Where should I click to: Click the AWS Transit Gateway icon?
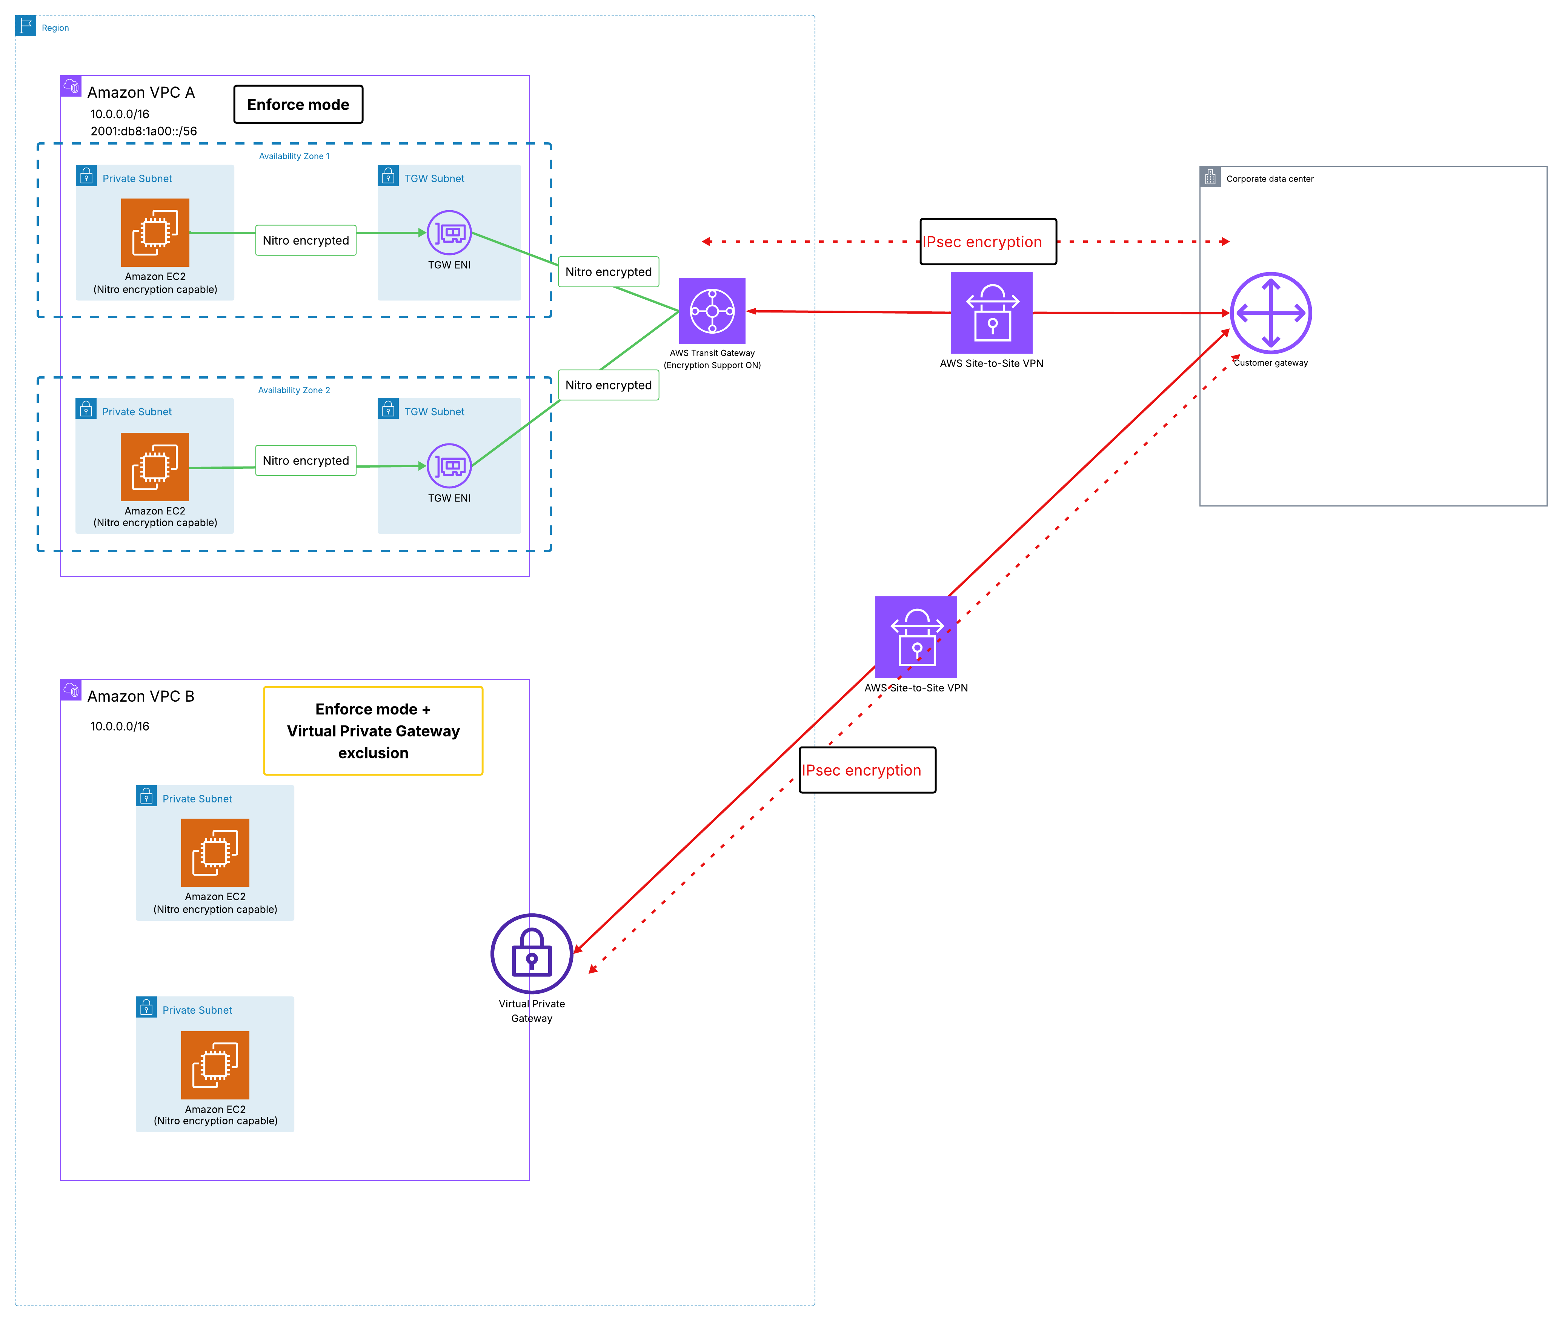point(712,311)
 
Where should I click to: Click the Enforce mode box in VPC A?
point(298,104)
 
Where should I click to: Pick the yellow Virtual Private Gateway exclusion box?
point(373,731)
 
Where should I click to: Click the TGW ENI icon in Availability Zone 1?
point(449,233)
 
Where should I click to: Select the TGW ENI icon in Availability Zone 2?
point(449,466)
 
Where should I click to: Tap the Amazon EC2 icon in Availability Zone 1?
point(155,232)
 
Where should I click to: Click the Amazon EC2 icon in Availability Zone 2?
point(155,467)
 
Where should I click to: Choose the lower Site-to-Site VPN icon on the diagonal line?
point(916,637)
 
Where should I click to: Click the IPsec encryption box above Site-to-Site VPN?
point(988,241)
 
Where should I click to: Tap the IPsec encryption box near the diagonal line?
point(867,770)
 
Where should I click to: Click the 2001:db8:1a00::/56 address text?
point(144,131)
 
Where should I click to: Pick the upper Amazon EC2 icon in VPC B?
point(215,852)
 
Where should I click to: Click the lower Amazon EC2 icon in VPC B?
point(215,1065)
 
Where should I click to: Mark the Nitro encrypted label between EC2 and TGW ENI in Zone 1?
point(305,240)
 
